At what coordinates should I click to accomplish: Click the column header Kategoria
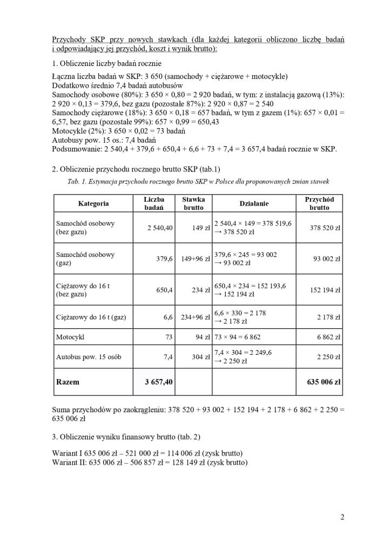point(93,203)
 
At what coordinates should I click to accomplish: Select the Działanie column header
point(254,203)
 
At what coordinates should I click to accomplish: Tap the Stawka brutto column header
point(193,203)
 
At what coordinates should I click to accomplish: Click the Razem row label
point(68,382)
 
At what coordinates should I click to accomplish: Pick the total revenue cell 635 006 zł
point(323,382)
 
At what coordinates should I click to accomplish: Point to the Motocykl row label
point(70,337)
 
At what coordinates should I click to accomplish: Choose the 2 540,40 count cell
point(160,228)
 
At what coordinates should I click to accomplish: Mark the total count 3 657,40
point(159,382)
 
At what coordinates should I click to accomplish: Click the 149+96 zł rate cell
point(195,259)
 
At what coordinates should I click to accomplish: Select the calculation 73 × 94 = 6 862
point(238,337)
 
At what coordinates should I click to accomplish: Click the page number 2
point(342,517)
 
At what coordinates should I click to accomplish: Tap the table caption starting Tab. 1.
point(198,181)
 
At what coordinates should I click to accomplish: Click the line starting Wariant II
point(150,463)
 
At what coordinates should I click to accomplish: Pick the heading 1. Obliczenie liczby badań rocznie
point(111,63)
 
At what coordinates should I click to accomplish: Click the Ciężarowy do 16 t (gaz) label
point(91,317)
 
